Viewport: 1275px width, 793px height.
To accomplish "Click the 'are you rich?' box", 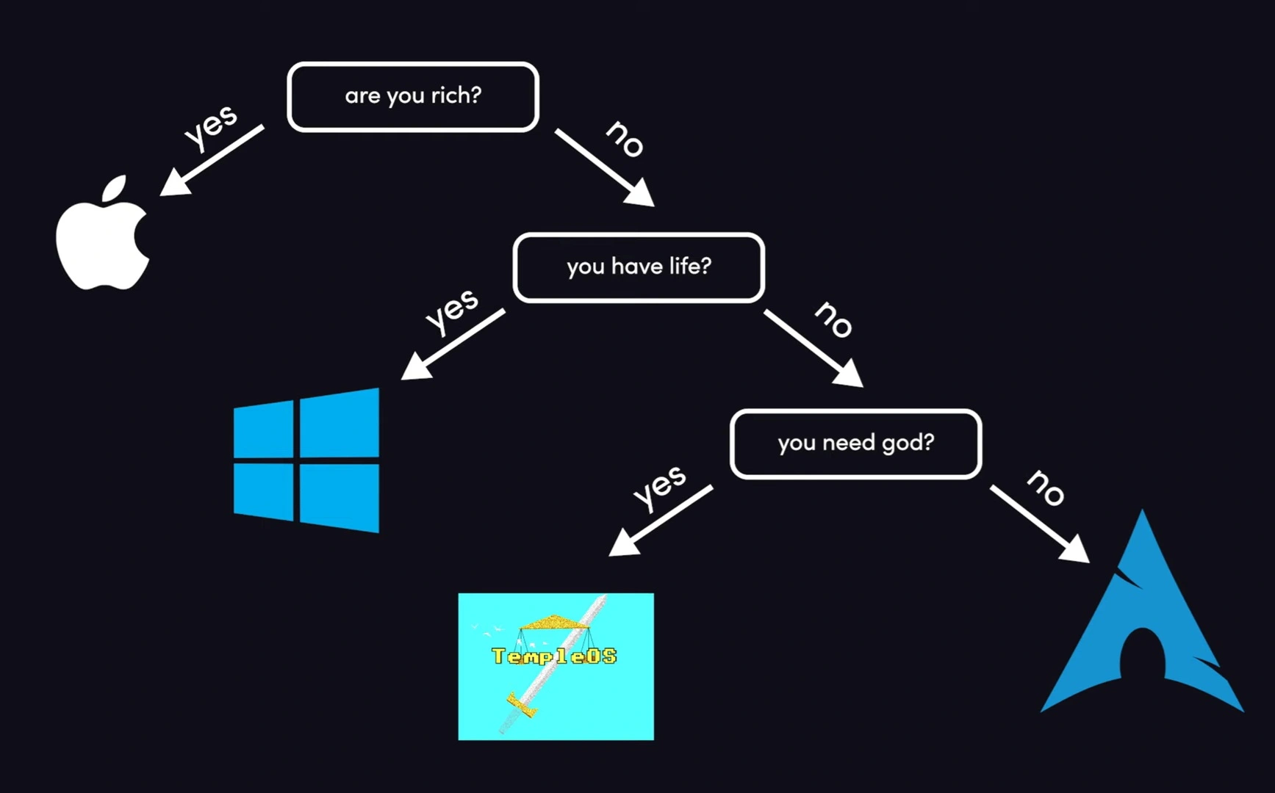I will pos(413,96).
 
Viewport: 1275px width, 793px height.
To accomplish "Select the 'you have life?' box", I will pos(639,267).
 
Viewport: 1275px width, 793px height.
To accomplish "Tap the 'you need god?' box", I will pos(855,443).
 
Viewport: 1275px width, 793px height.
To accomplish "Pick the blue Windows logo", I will pos(306,460).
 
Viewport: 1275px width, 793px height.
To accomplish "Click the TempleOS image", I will pos(556,666).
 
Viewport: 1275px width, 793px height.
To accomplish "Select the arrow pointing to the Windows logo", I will pos(453,344).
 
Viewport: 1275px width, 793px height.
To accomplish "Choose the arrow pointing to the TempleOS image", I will pos(661,521).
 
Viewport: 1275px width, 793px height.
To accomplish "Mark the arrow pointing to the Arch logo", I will pos(1039,524).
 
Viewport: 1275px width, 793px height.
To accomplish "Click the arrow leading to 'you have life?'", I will pos(604,167).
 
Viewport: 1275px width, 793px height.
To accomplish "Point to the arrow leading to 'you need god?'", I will pos(813,347).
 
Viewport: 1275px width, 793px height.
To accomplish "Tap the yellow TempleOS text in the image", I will pos(554,656).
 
